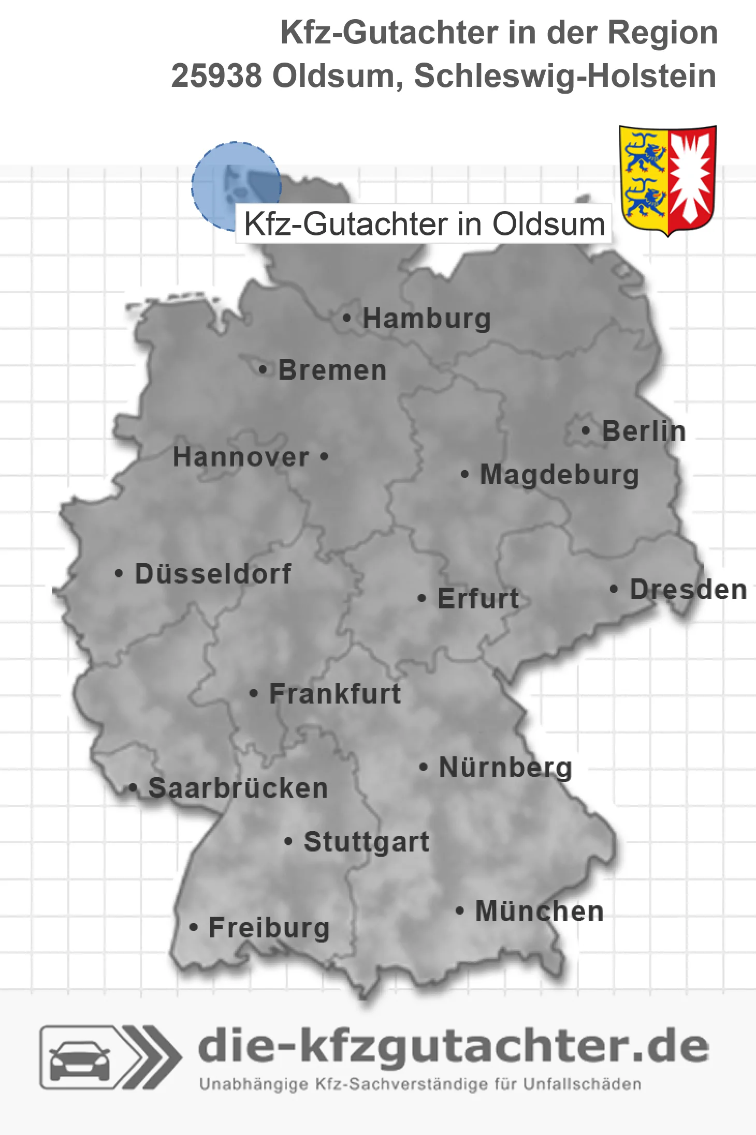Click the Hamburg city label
(x=426, y=318)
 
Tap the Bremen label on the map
(x=332, y=370)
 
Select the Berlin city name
(x=644, y=431)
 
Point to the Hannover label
(x=241, y=457)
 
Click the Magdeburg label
(x=559, y=474)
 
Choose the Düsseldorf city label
(x=213, y=573)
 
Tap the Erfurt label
(x=478, y=599)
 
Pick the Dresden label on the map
(x=688, y=589)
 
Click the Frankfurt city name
(x=335, y=693)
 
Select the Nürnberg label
(x=505, y=767)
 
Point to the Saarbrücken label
(x=238, y=788)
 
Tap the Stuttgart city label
(x=366, y=842)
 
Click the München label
(x=540, y=911)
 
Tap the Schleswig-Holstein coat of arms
(x=667, y=180)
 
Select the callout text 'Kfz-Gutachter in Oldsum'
(x=424, y=224)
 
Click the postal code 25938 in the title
(x=216, y=76)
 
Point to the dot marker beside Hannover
(x=324, y=457)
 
